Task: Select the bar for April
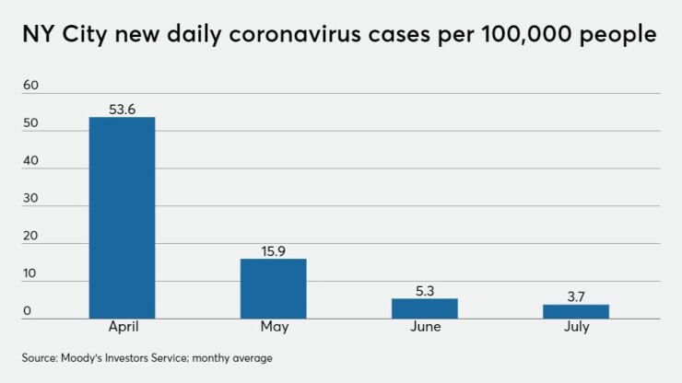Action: coord(122,217)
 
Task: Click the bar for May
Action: coord(273,288)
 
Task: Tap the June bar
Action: coord(424,308)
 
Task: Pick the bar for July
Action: coord(575,311)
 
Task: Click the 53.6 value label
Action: coord(122,110)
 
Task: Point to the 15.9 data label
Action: coord(273,251)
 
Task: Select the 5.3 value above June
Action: coord(424,291)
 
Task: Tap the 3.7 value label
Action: coord(575,296)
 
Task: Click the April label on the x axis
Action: coord(122,328)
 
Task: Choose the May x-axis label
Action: coord(273,328)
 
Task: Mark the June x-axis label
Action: coord(424,328)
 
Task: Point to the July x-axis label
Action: coord(575,328)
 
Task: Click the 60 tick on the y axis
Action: coord(32,85)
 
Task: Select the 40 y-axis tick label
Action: coord(32,161)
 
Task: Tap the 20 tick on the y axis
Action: coord(32,236)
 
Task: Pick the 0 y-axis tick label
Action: coord(28,311)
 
